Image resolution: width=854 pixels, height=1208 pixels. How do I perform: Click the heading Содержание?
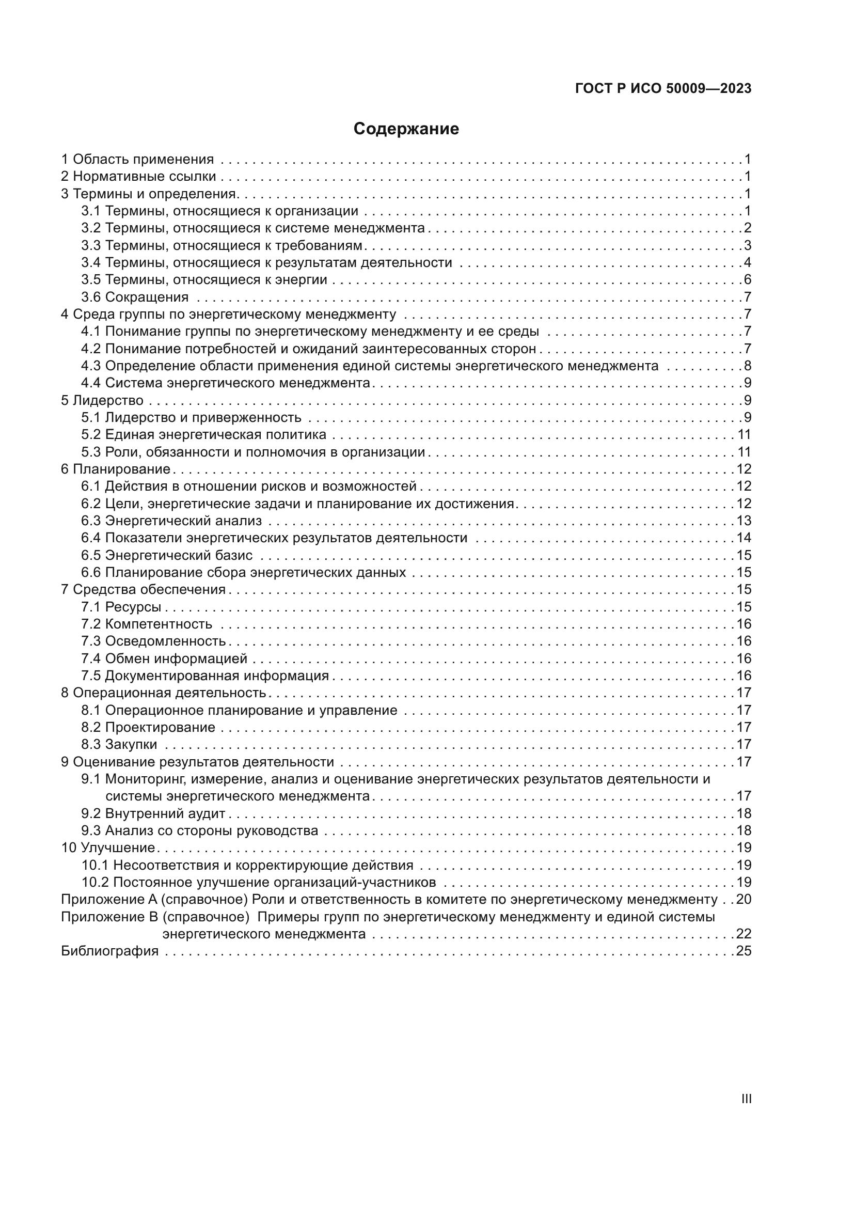[x=406, y=129]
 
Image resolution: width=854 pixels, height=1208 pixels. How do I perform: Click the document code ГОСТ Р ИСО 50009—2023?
[x=663, y=88]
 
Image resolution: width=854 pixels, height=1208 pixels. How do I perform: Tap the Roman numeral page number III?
[x=746, y=1099]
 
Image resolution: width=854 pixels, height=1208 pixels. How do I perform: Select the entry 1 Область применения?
[x=137, y=159]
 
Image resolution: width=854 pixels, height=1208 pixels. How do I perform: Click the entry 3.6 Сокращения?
[x=135, y=297]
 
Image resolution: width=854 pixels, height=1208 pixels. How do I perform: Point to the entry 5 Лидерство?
[x=102, y=400]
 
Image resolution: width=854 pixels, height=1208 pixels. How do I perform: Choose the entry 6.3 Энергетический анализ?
[x=171, y=521]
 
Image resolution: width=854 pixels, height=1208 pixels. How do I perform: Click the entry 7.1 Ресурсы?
[x=121, y=607]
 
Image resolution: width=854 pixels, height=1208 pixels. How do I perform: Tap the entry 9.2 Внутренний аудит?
[x=153, y=813]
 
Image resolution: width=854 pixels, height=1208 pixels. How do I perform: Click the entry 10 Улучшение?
[x=108, y=848]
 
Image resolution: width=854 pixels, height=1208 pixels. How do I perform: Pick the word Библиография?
[x=110, y=951]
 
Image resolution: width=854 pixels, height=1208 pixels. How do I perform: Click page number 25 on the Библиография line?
[x=744, y=951]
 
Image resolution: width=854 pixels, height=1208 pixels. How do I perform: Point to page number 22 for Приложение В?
[x=744, y=934]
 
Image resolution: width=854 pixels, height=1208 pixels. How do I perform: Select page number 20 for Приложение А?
[x=744, y=899]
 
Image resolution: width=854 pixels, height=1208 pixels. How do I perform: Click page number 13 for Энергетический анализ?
[x=744, y=521]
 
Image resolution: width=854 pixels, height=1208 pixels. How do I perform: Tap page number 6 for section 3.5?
[x=747, y=279]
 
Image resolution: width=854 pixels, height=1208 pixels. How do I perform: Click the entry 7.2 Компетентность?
[x=146, y=624]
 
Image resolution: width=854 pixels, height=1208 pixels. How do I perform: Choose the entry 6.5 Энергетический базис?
[x=167, y=555]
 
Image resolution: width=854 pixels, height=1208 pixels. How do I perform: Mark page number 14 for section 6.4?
[x=744, y=538]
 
